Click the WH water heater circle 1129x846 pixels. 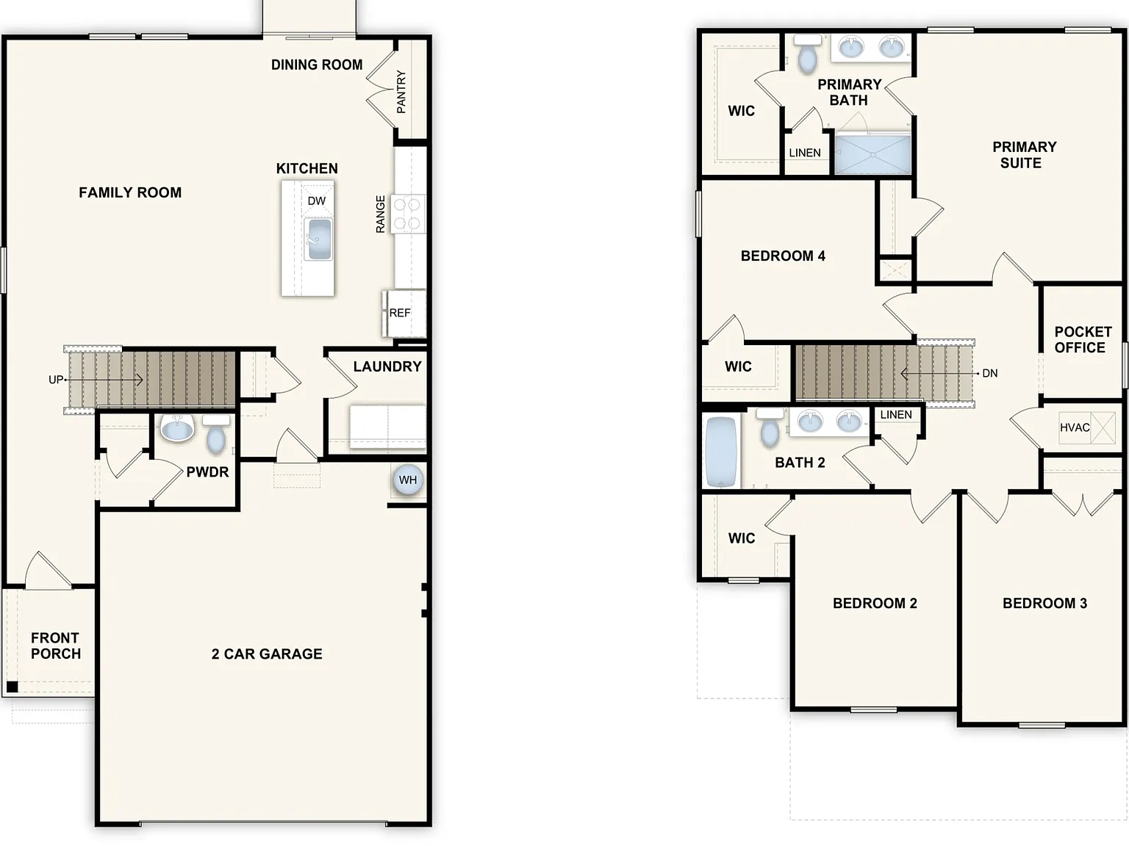(x=408, y=480)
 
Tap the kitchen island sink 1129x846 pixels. (x=318, y=239)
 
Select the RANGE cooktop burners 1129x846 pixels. (x=407, y=214)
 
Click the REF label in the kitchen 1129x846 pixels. (x=400, y=313)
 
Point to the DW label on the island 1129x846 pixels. (x=316, y=200)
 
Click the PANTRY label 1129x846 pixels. (x=401, y=92)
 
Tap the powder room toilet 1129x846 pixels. (x=216, y=434)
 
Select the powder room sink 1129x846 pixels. (x=177, y=428)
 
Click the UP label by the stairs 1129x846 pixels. (x=56, y=380)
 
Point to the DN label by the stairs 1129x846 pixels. (x=989, y=374)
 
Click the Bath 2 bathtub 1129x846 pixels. (x=721, y=452)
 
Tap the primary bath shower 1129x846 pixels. (x=872, y=153)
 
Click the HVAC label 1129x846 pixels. (x=1075, y=427)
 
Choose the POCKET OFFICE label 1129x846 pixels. (x=1083, y=339)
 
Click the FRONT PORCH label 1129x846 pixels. (x=56, y=646)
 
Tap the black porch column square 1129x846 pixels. (x=12, y=687)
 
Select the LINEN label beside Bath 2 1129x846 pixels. (x=896, y=414)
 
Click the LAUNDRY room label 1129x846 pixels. (x=387, y=366)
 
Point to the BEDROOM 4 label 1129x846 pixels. (x=783, y=256)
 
